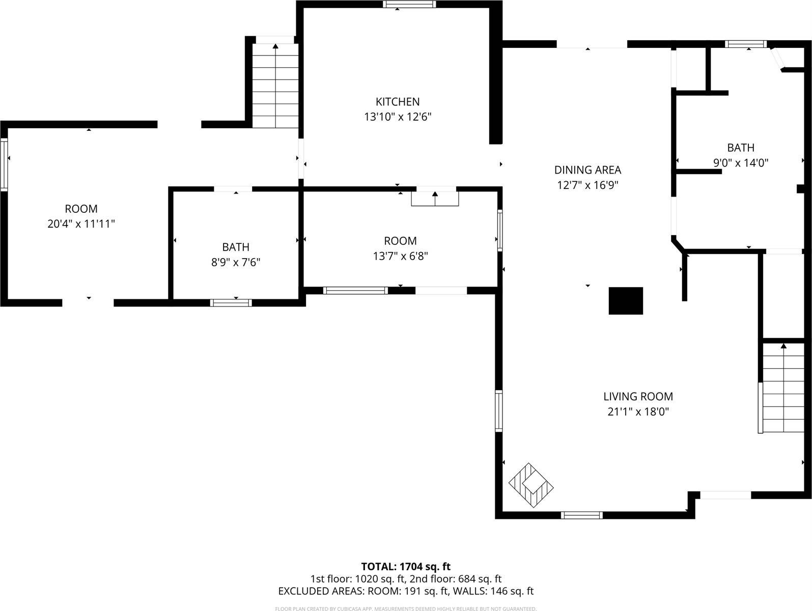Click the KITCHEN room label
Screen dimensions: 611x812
398,102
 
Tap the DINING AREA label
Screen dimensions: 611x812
587,170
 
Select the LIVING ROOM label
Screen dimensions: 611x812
638,397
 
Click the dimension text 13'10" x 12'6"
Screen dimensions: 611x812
398,117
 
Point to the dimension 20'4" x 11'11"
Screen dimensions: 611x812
81,224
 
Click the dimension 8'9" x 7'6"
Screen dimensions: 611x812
236,263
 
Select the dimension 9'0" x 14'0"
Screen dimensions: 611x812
741,163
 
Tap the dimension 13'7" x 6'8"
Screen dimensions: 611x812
400,256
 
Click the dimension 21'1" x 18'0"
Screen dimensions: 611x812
638,412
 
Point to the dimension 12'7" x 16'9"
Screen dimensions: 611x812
587,185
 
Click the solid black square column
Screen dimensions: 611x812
626,300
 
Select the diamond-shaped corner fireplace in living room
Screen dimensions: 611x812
531,485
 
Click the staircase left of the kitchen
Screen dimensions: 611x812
275,86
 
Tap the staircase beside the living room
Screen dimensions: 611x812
782,388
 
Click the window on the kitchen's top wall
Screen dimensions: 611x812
409,5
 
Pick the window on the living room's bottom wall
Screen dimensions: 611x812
581,515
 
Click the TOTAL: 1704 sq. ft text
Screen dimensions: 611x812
406,566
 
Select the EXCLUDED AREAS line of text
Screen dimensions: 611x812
406,591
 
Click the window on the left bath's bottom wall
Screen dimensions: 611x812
231,302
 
